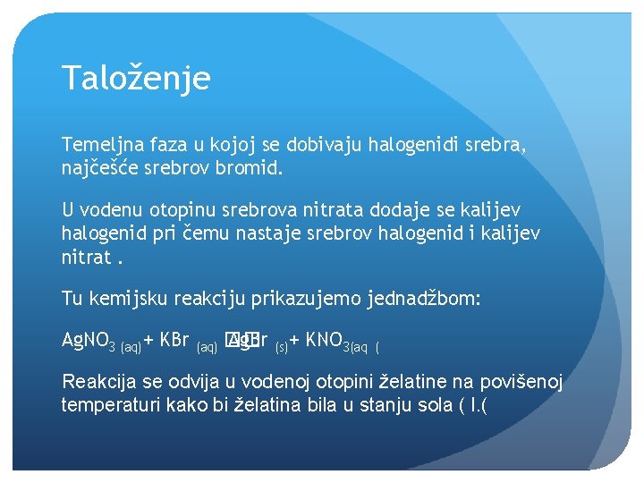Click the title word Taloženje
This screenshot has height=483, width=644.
[x=136, y=78]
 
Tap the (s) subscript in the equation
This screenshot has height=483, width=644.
[x=281, y=345]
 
